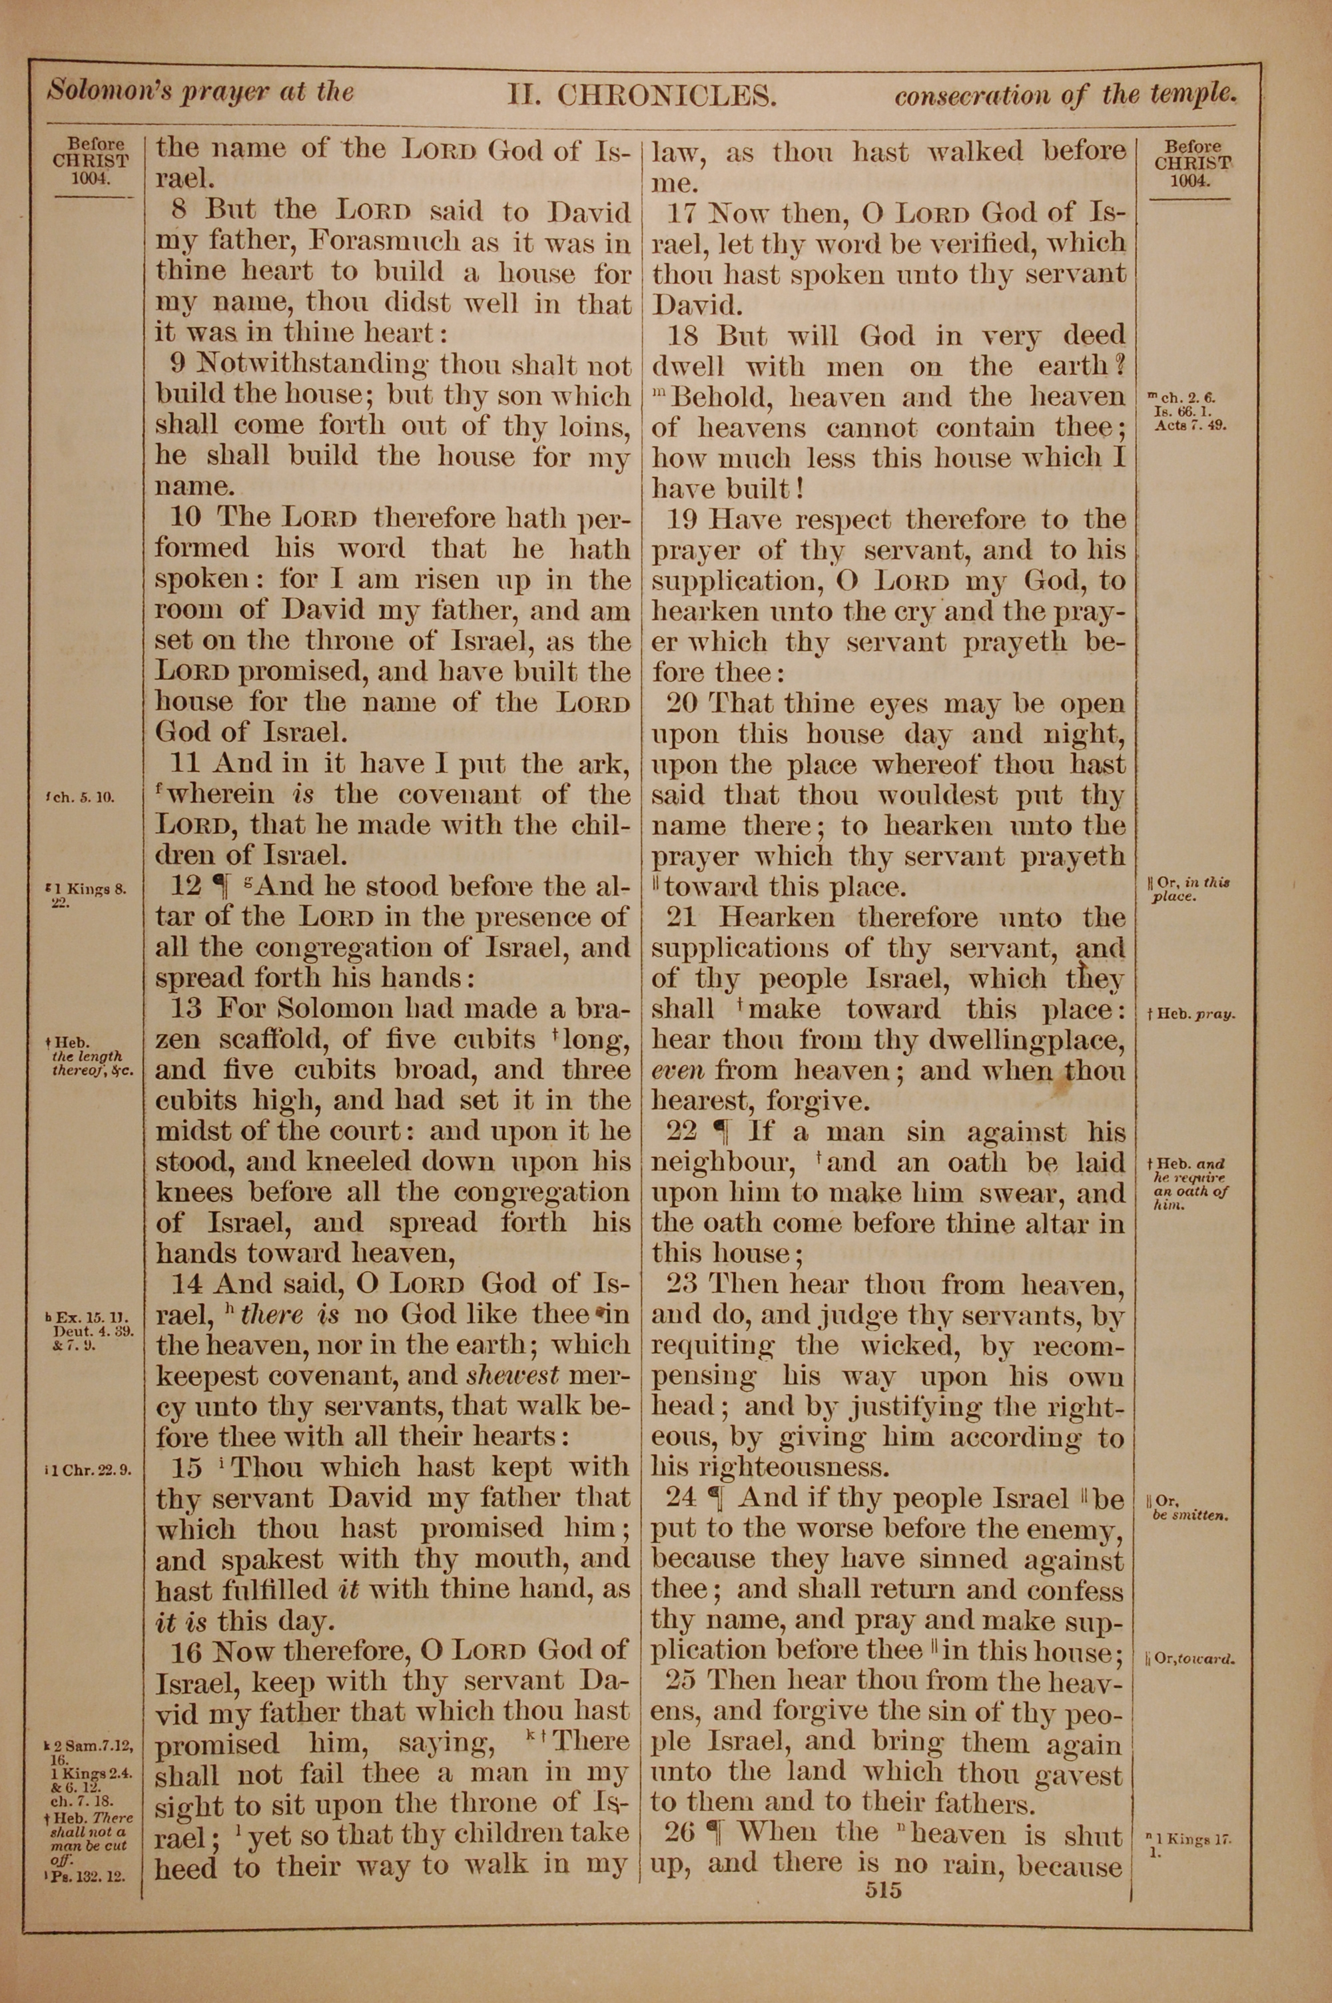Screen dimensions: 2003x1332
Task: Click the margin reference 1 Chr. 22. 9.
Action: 90,1468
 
